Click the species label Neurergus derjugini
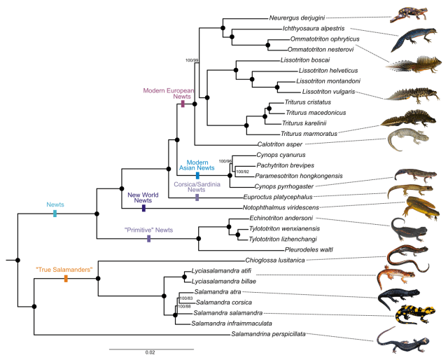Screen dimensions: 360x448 [x=297, y=18]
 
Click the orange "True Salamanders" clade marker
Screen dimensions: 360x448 [x=65, y=279]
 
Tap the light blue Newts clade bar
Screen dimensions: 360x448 [x=55, y=214]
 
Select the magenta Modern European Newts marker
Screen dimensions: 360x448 [x=183, y=104]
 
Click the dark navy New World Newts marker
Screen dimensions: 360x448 [x=143, y=208]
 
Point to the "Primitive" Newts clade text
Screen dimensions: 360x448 [x=148, y=230]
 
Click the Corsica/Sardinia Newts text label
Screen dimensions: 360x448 [x=197, y=186]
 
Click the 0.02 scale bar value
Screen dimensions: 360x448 [x=150, y=352]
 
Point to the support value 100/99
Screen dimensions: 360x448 [x=192, y=60]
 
